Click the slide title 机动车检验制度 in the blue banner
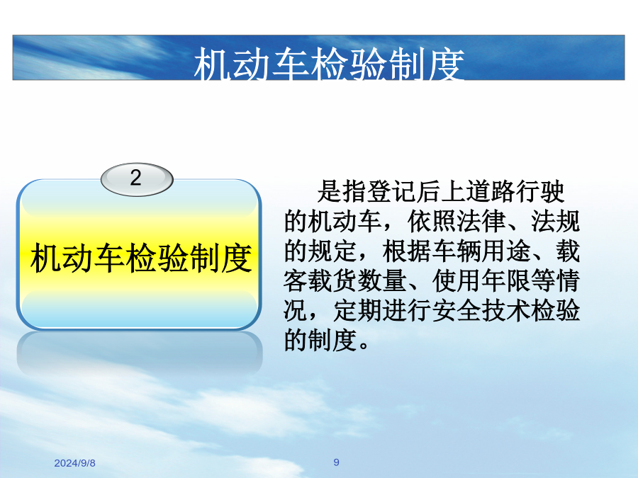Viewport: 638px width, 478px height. [x=329, y=64]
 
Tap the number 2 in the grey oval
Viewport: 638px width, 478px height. [x=136, y=178]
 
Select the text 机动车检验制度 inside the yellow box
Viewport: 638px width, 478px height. [x=141, y=258]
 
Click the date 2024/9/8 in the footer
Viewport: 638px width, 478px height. [x=75, y=463]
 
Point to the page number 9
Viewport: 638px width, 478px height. [x=336, y=462]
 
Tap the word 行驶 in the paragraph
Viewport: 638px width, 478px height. [x=540, y=191]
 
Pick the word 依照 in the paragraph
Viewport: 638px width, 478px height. [x=432, y=221]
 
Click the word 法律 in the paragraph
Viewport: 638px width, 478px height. [x=482, y=221]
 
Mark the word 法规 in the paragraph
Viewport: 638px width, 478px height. [x=555, y=221]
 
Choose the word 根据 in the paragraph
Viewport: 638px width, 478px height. [x=407, y=251]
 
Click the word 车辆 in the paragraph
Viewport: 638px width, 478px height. [x=457, y=251]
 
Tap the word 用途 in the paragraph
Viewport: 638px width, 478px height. [x=506, y=251]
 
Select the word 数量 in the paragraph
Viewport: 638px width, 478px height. [x=383, y=281]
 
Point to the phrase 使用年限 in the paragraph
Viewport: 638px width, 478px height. [x=481, y=281]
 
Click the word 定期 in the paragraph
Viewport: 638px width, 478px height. [x=358, y=311]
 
